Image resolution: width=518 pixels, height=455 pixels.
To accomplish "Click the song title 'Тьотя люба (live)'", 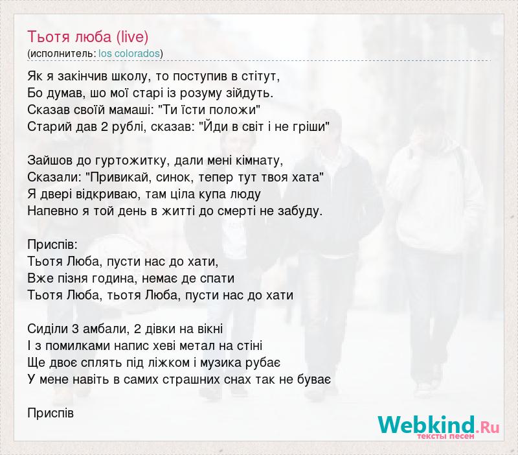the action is [x=88, y=37].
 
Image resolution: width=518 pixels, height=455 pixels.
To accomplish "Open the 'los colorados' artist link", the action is [x=129, y=54].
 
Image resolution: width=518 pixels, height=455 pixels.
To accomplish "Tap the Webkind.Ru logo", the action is [x=439, y=427].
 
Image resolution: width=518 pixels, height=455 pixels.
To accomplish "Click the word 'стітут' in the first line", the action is [x=260, y=76].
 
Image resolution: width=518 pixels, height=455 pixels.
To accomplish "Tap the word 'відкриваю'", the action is [x=104, y=194].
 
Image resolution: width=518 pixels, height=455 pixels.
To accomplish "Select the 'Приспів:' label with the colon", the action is [x=52, y=245].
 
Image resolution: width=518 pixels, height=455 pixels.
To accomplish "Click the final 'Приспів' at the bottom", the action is [x=51, y=414].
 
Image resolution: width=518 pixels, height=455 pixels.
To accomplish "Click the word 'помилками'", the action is [x=78, y=346].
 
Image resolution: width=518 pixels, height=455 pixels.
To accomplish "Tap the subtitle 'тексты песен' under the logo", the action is [x=446, y=437].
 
